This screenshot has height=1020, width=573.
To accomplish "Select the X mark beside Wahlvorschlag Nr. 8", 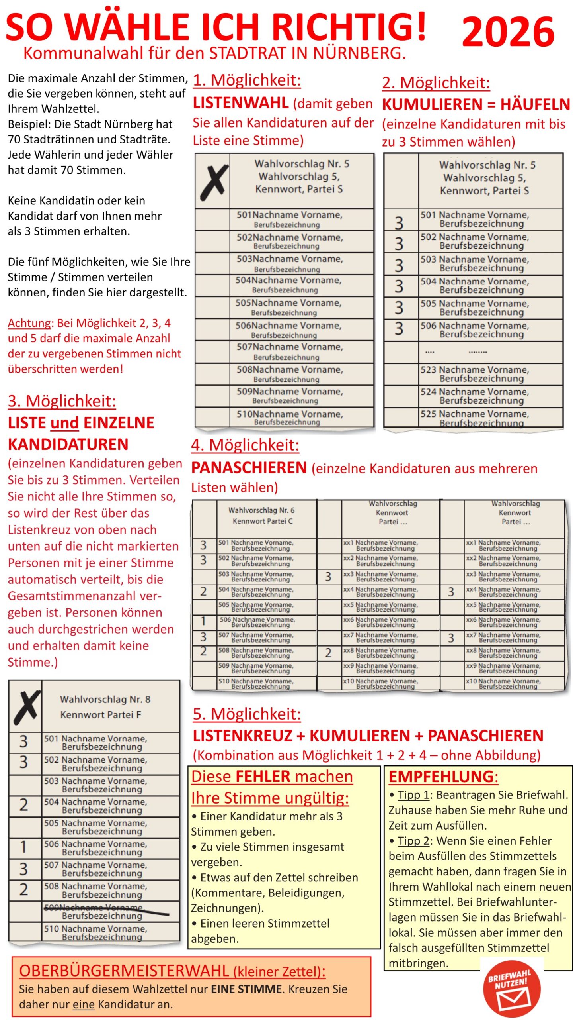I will [x=26, y=707].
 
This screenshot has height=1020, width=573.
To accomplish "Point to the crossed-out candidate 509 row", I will [x=106, y=911].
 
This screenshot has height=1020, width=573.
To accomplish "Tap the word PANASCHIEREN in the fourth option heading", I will [x=249, y=467].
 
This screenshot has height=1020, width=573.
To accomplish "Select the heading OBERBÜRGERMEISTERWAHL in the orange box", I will [x=124, y=971].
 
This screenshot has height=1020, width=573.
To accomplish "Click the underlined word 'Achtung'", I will [x=30, y=323].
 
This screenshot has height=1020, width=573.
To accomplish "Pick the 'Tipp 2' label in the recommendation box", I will [x=413, y=841].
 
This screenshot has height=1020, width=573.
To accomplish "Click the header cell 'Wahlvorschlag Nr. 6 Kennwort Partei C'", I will [x=262, y=515].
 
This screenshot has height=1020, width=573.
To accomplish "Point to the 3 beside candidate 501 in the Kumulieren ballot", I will [x=399, y=223].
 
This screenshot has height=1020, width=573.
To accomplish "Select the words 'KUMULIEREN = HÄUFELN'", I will [x=476, y=104].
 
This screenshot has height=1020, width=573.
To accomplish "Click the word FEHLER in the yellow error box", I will [x=263, y=777].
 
